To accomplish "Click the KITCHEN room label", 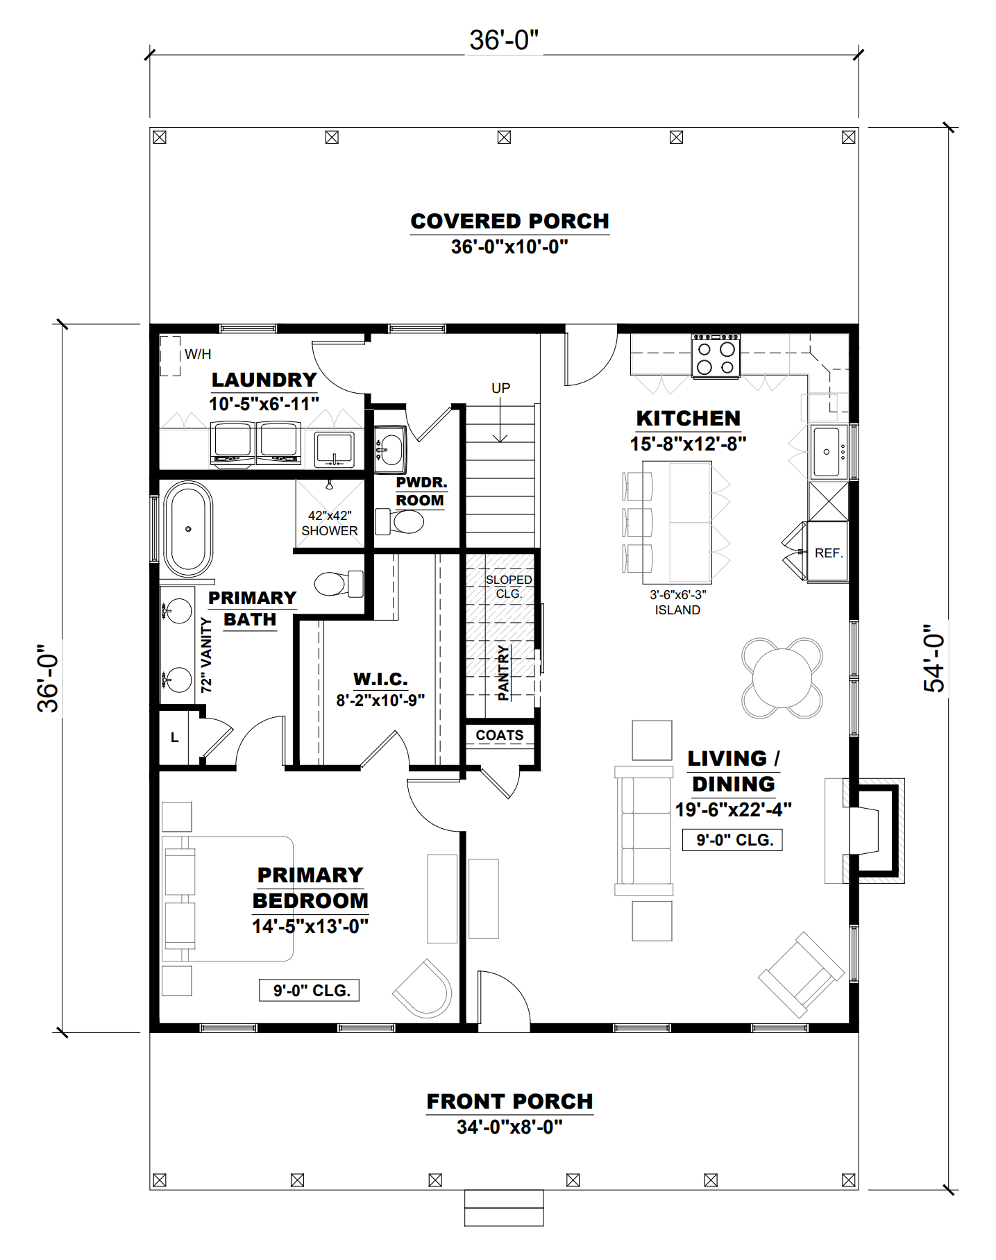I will (x=688, y=419).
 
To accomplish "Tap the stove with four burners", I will (x=716, y=356).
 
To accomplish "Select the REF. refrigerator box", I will (x=828, y=553).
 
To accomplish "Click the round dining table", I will (x=782, y=678).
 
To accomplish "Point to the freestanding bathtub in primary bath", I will (x=188, y=529).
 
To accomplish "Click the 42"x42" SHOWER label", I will (x=330, y=523).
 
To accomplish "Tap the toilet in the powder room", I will (x=403, y=521).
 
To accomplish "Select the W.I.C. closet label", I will (x=380, y=679).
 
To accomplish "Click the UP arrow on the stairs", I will (x=500, y=417).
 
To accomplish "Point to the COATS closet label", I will (x=499, y=735).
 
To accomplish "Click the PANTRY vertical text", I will (x=504, y=672).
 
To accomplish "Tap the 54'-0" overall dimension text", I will (x=935, y=658).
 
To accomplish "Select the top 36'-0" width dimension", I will (x=504, y=40).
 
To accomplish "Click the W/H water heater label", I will (x=198, y=354).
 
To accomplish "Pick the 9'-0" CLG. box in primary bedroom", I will (x=310, y=991).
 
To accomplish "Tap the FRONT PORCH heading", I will (x=509, y=1102).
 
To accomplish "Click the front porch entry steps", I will (x=504, y=1208).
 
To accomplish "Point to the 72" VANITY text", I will (x=206, y=655).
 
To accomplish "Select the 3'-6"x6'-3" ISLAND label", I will (x=677, y=603).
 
